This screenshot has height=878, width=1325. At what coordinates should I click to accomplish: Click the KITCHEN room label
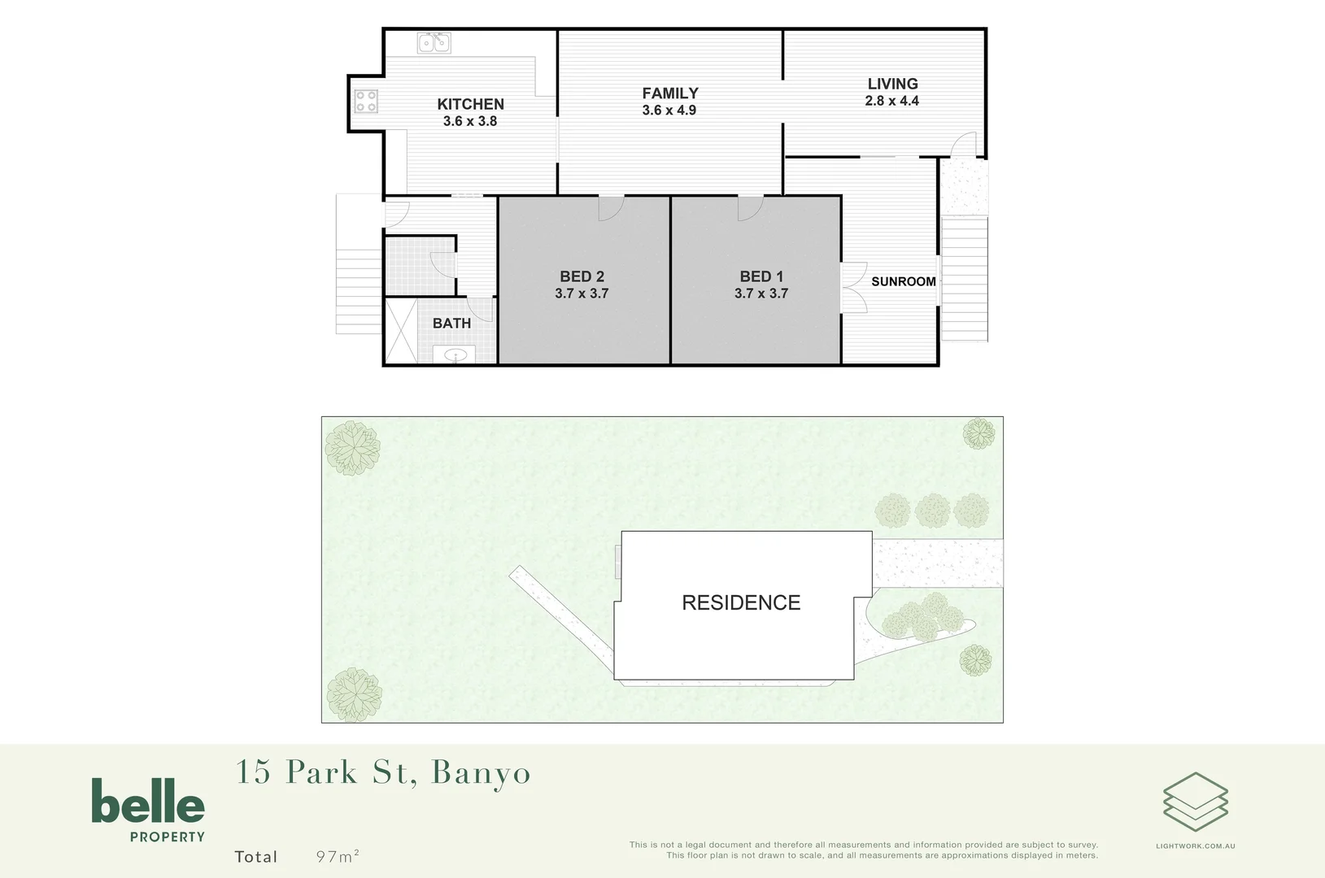(x=470, y=104)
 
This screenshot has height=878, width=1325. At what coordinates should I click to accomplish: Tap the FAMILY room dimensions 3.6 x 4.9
(x=669, y=111)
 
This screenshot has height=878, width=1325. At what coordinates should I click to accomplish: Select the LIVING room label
(x=892, y=84)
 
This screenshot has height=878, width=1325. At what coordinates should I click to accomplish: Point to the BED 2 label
(x=582, y=276)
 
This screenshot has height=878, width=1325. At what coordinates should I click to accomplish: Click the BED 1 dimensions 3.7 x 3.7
(x=761, y=293)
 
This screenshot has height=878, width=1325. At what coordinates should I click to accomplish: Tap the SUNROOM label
(x=903, y=281)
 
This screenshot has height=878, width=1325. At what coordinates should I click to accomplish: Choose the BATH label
(x=451, y=324)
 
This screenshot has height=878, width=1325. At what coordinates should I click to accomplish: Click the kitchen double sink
(x=434, y=42)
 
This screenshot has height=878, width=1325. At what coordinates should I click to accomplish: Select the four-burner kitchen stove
(x=366, y=101)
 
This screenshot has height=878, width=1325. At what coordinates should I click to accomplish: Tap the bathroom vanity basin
(x=455, y=354)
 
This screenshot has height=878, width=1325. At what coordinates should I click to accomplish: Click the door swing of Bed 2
(x=610, y=208)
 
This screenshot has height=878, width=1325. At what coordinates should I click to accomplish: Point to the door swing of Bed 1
(x=749, y=208)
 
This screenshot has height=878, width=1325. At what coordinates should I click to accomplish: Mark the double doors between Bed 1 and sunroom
(x=853, y=287)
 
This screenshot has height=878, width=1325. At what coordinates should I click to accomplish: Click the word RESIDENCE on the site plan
(x=741, y=602)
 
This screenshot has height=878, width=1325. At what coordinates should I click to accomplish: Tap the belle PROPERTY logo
(x=148, y=809)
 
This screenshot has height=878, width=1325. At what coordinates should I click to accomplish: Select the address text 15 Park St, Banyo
(x=382, y=772)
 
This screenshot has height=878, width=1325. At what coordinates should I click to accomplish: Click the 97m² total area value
(x=338, y=856)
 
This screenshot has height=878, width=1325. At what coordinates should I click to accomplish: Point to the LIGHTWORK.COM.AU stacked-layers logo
(x=1195, y=802)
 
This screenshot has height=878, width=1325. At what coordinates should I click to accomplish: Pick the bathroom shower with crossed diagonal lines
(x=400, y=331)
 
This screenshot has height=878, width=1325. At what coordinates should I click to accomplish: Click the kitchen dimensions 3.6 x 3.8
(x=470, y=121)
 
